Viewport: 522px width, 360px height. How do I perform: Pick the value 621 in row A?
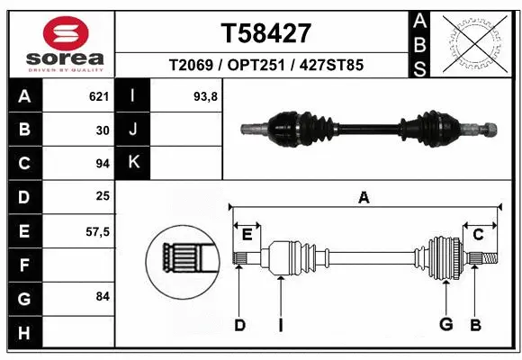pyautogui.click(x=98, y=95)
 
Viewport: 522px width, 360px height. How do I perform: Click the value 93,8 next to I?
pyautogui.click(x=206, y=95)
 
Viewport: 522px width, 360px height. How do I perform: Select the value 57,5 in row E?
pyautogui.click(x=96, y=231)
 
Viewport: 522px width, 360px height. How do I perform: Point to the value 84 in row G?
pyautogui.click(x=101, y=296)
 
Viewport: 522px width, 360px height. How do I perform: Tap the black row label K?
pyautogui.click(x=134, y=162)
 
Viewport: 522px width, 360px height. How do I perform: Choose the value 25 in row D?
pyautogui.click(x=101, y=196)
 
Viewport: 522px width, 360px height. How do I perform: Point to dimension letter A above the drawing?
pyautogui.click(x=364, y=198)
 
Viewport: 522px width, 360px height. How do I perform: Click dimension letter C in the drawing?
pyautogui.click(x=478, y=235)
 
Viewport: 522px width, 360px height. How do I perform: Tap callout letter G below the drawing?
pyautogui.click(x=445, y=325)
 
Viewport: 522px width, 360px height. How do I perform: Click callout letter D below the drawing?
pyautogui.click(x=239, y=325)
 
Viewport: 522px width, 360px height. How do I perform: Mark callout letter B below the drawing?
pyautogui.click(x=476, y=325)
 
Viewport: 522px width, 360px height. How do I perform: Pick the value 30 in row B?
pyautogui.click(x=101, y=129)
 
